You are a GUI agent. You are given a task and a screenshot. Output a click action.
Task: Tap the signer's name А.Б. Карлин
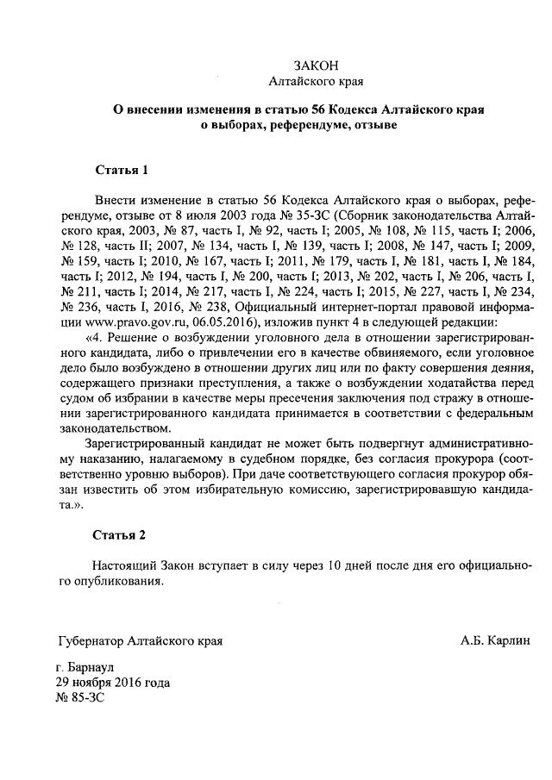point(496,640)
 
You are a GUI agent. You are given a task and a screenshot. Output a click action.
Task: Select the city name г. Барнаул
point(84,667)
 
